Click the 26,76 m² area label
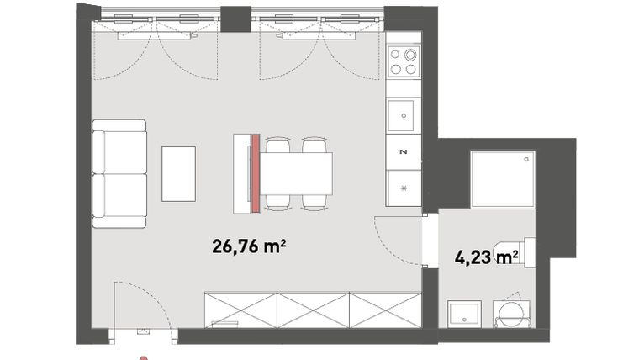(250, 246)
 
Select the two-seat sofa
(119, 173)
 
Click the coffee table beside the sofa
(178, 173)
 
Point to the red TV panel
(255, 173)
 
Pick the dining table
(298, 172)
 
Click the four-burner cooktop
(404, 60)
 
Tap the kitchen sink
(404, 114)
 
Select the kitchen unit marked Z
(404, 152)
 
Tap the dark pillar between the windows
(236, 18)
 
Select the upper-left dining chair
(277, 146)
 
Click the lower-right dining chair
(314, 201)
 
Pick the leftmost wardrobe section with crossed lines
(240, 309)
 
